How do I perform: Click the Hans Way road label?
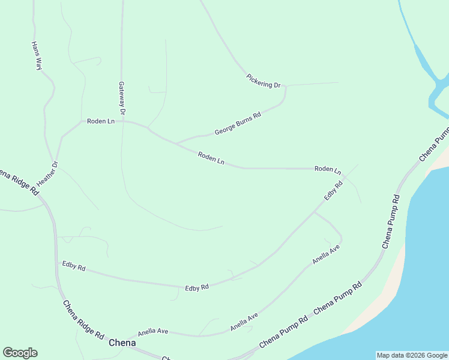[37, 56]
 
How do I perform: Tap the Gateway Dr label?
[122, 98]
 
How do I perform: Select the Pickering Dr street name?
[264, 81]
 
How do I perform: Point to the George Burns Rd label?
[238, 124]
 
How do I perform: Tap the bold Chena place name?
[122, 343]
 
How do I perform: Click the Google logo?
[20, 353]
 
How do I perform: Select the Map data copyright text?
[411, 355]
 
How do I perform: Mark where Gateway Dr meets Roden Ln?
[122, 121]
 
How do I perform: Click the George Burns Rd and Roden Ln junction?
[176, 143]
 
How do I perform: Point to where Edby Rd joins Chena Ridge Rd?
[56, 262]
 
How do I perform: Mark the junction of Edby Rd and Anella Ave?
[315, 212]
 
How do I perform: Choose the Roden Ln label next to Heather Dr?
[100, 121]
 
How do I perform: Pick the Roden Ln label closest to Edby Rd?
[328, 169]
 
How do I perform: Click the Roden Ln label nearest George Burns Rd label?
[211, 158]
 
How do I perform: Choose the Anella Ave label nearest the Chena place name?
[153, 331]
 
